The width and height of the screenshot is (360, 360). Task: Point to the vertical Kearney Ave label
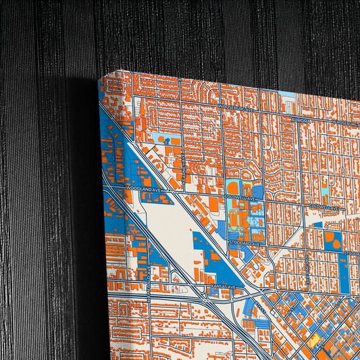[183, 163]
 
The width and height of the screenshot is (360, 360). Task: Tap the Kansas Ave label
[222, 286]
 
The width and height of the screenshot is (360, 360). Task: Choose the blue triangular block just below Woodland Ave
[149, 200]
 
